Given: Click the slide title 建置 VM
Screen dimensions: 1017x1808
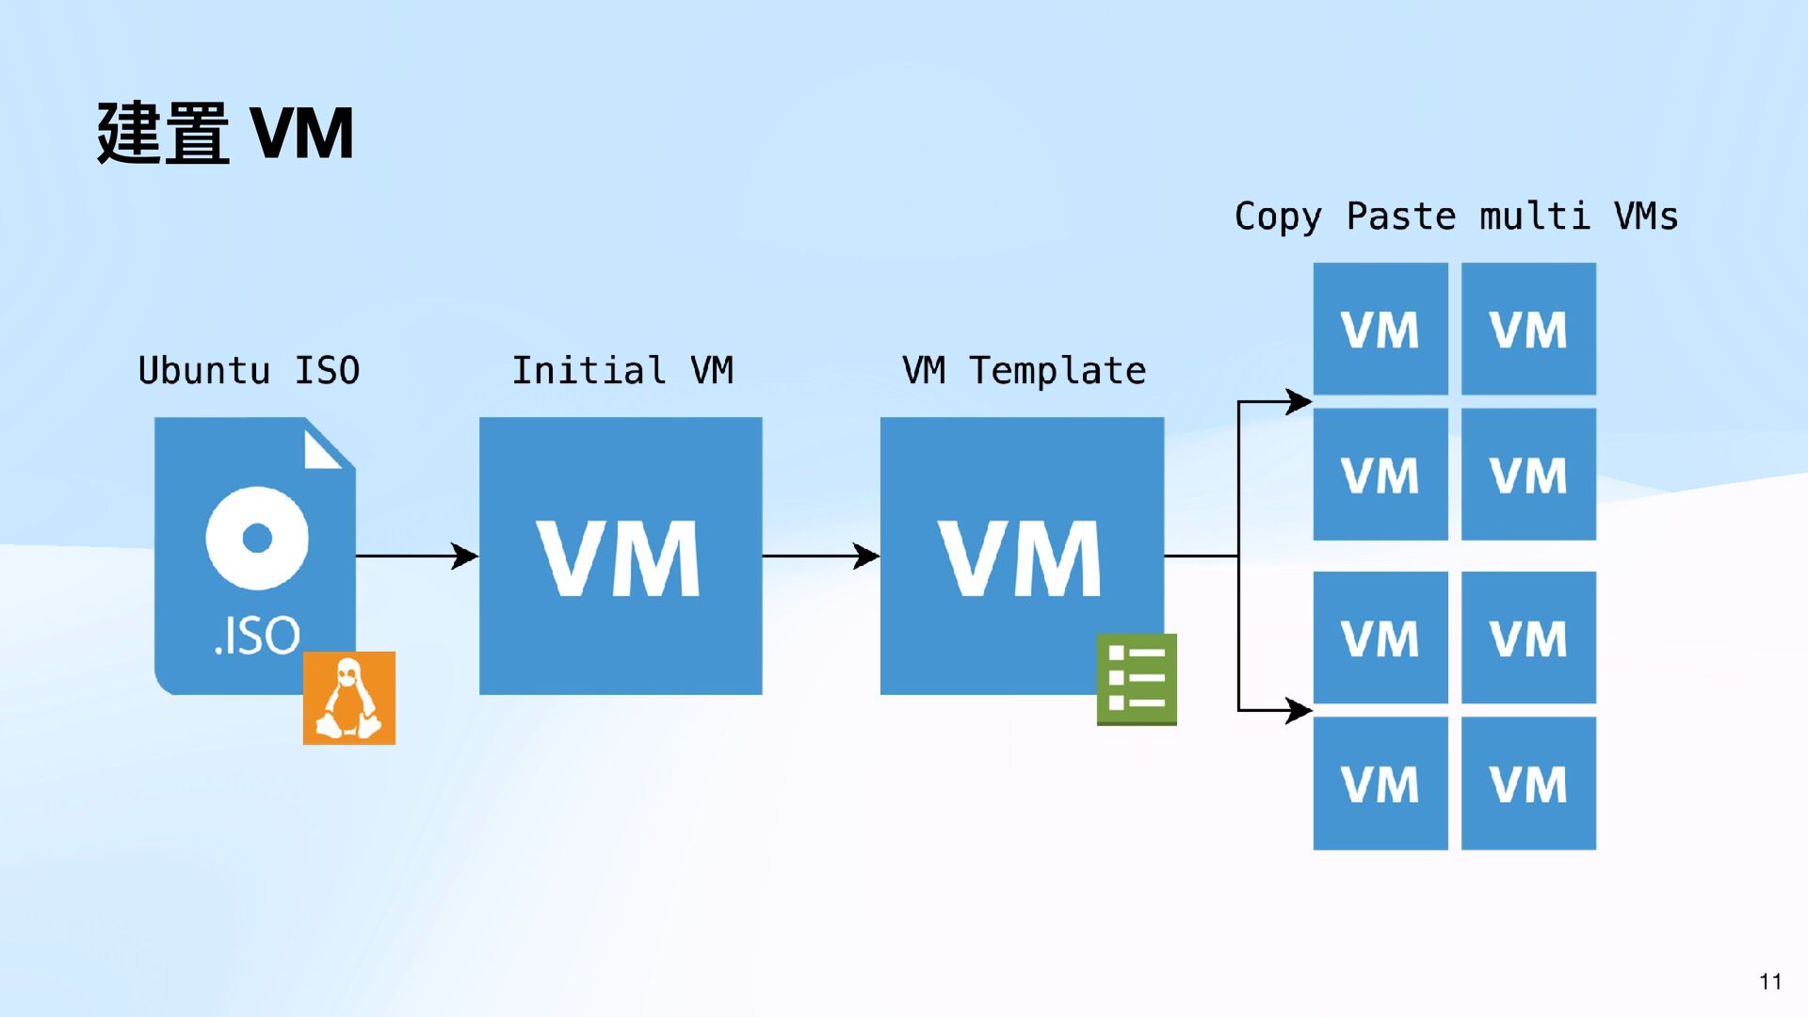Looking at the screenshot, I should coord(225,134).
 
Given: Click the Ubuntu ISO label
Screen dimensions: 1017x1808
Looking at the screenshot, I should coord(249,370).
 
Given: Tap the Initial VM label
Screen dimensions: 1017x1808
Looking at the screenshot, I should coord(621,370).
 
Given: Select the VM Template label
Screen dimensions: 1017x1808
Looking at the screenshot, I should coord(1024,370).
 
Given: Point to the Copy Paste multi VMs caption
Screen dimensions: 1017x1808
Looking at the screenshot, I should coord(1456,217).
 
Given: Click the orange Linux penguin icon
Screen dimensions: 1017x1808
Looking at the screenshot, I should coord(349,698).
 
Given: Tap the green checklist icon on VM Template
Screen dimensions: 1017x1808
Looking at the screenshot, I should coord(1137,679).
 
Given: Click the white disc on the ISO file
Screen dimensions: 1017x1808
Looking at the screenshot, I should coord(257,538).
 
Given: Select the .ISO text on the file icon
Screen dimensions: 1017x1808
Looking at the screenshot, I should coord(257,636).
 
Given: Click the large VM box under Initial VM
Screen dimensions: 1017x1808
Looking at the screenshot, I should coord(621,556).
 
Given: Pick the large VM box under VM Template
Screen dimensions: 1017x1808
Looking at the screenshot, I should coord(1022,556).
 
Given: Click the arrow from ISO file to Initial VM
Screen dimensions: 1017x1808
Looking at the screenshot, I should coord(416,556).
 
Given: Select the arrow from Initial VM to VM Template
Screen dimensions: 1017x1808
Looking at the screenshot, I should coord(820,556).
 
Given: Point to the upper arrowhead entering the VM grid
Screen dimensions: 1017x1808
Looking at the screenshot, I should coord(1299,402).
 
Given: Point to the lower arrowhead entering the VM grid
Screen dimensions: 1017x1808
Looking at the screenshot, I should coord(1299,710).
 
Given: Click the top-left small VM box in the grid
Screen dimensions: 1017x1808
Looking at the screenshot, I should coord(1380,329).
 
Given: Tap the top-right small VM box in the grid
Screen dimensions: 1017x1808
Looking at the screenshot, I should coord(1528,329).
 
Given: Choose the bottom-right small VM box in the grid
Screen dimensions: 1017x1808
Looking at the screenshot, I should coord(1528,783).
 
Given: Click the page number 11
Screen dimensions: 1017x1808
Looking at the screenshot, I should coord(1770,981).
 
